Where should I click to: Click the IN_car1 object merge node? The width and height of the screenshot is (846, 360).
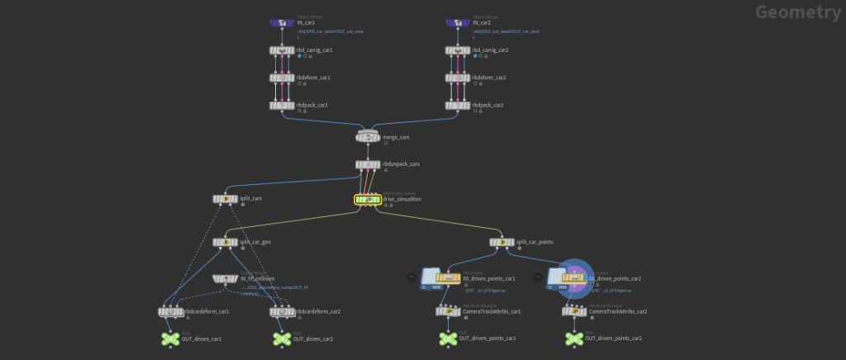pos(283,23)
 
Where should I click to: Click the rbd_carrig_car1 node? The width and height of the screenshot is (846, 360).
pos(283,50)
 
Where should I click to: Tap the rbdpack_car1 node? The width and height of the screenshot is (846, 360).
pos(283,105)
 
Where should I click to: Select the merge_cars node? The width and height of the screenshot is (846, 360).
pos(369,135)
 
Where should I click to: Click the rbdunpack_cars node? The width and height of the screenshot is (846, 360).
pos(369,164)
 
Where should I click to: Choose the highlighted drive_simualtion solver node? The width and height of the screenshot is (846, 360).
pos(368,199)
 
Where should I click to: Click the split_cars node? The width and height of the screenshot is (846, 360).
pos(224,199)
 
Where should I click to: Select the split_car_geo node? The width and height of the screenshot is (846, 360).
pos(224,242)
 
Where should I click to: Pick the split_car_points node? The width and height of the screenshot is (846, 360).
pos(501,242)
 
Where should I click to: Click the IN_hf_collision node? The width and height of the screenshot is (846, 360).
pos(224,279)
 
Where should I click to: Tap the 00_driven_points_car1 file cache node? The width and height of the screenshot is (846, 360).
pos(448,279)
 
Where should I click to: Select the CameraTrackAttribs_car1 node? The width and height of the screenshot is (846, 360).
pos(448,311)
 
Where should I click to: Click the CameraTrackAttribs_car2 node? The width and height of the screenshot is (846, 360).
pos(574,311)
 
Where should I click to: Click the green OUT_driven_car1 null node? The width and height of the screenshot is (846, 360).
pos(169,339)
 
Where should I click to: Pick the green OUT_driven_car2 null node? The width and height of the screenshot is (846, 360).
pos(282,339)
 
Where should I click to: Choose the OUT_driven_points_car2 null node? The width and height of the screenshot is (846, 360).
pos(574,339)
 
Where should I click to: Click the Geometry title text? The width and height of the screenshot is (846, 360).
pos(797,12)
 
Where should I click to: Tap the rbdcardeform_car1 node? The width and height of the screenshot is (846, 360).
pos(169,311)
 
